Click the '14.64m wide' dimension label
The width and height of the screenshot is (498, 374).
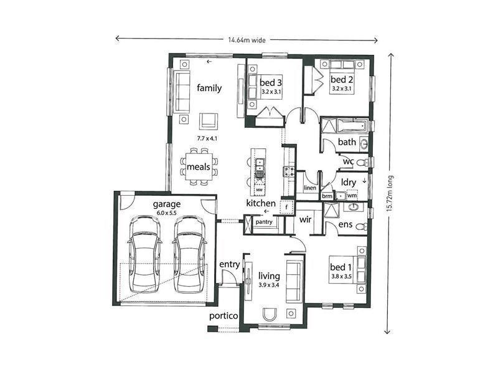click(x=247, y=40)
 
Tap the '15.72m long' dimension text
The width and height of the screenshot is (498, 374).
click(x=390, y=194)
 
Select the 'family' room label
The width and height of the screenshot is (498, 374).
click(x=209, y=88)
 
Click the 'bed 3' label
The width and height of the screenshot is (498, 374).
click(x=271, y=83)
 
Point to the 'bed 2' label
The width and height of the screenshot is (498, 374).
click(x=342, y=80)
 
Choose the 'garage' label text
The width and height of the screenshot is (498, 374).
click(x=167, y=204)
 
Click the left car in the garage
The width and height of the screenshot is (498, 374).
click(x=145, y=254)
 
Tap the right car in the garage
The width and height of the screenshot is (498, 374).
click(x=190, y=254)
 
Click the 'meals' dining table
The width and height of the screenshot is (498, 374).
click(x=199, y=166)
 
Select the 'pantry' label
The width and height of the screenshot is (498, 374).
click(x=264, y=222)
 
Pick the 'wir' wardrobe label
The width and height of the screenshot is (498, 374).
click(x=305, y=219)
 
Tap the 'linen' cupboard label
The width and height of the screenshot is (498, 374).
click(x=310, y=188)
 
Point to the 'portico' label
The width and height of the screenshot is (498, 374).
click(x=223, y=316)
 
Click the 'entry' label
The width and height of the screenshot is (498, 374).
click(x=229, y=264)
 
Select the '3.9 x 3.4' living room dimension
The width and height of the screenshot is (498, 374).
click(x=269, y=285)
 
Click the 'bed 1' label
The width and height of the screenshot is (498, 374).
click(x=341, y=267)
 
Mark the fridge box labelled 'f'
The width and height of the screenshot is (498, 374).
click(x=286, y=207)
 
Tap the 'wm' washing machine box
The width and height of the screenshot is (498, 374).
click(x=352, y=195)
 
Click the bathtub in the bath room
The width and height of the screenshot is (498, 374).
click(x=352, y=126)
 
